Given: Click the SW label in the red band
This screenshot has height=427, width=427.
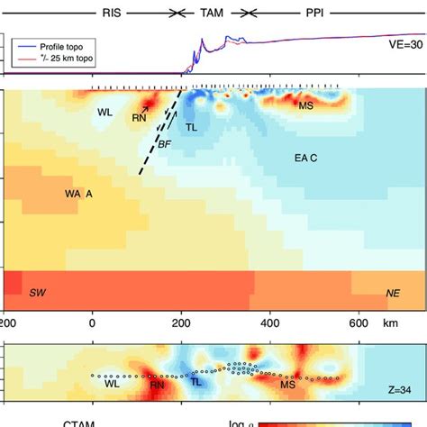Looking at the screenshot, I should (38, 294).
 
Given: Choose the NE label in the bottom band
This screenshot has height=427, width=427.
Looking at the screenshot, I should (393, 294).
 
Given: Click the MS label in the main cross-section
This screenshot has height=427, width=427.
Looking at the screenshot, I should (306, 107).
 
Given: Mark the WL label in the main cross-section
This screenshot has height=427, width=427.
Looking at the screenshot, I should (104, 112).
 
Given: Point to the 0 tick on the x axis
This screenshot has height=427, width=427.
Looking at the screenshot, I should (92, 323).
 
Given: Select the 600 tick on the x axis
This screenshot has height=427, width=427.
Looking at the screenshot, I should (359, 323).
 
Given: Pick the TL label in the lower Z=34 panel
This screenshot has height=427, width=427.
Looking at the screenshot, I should (196, 382).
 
